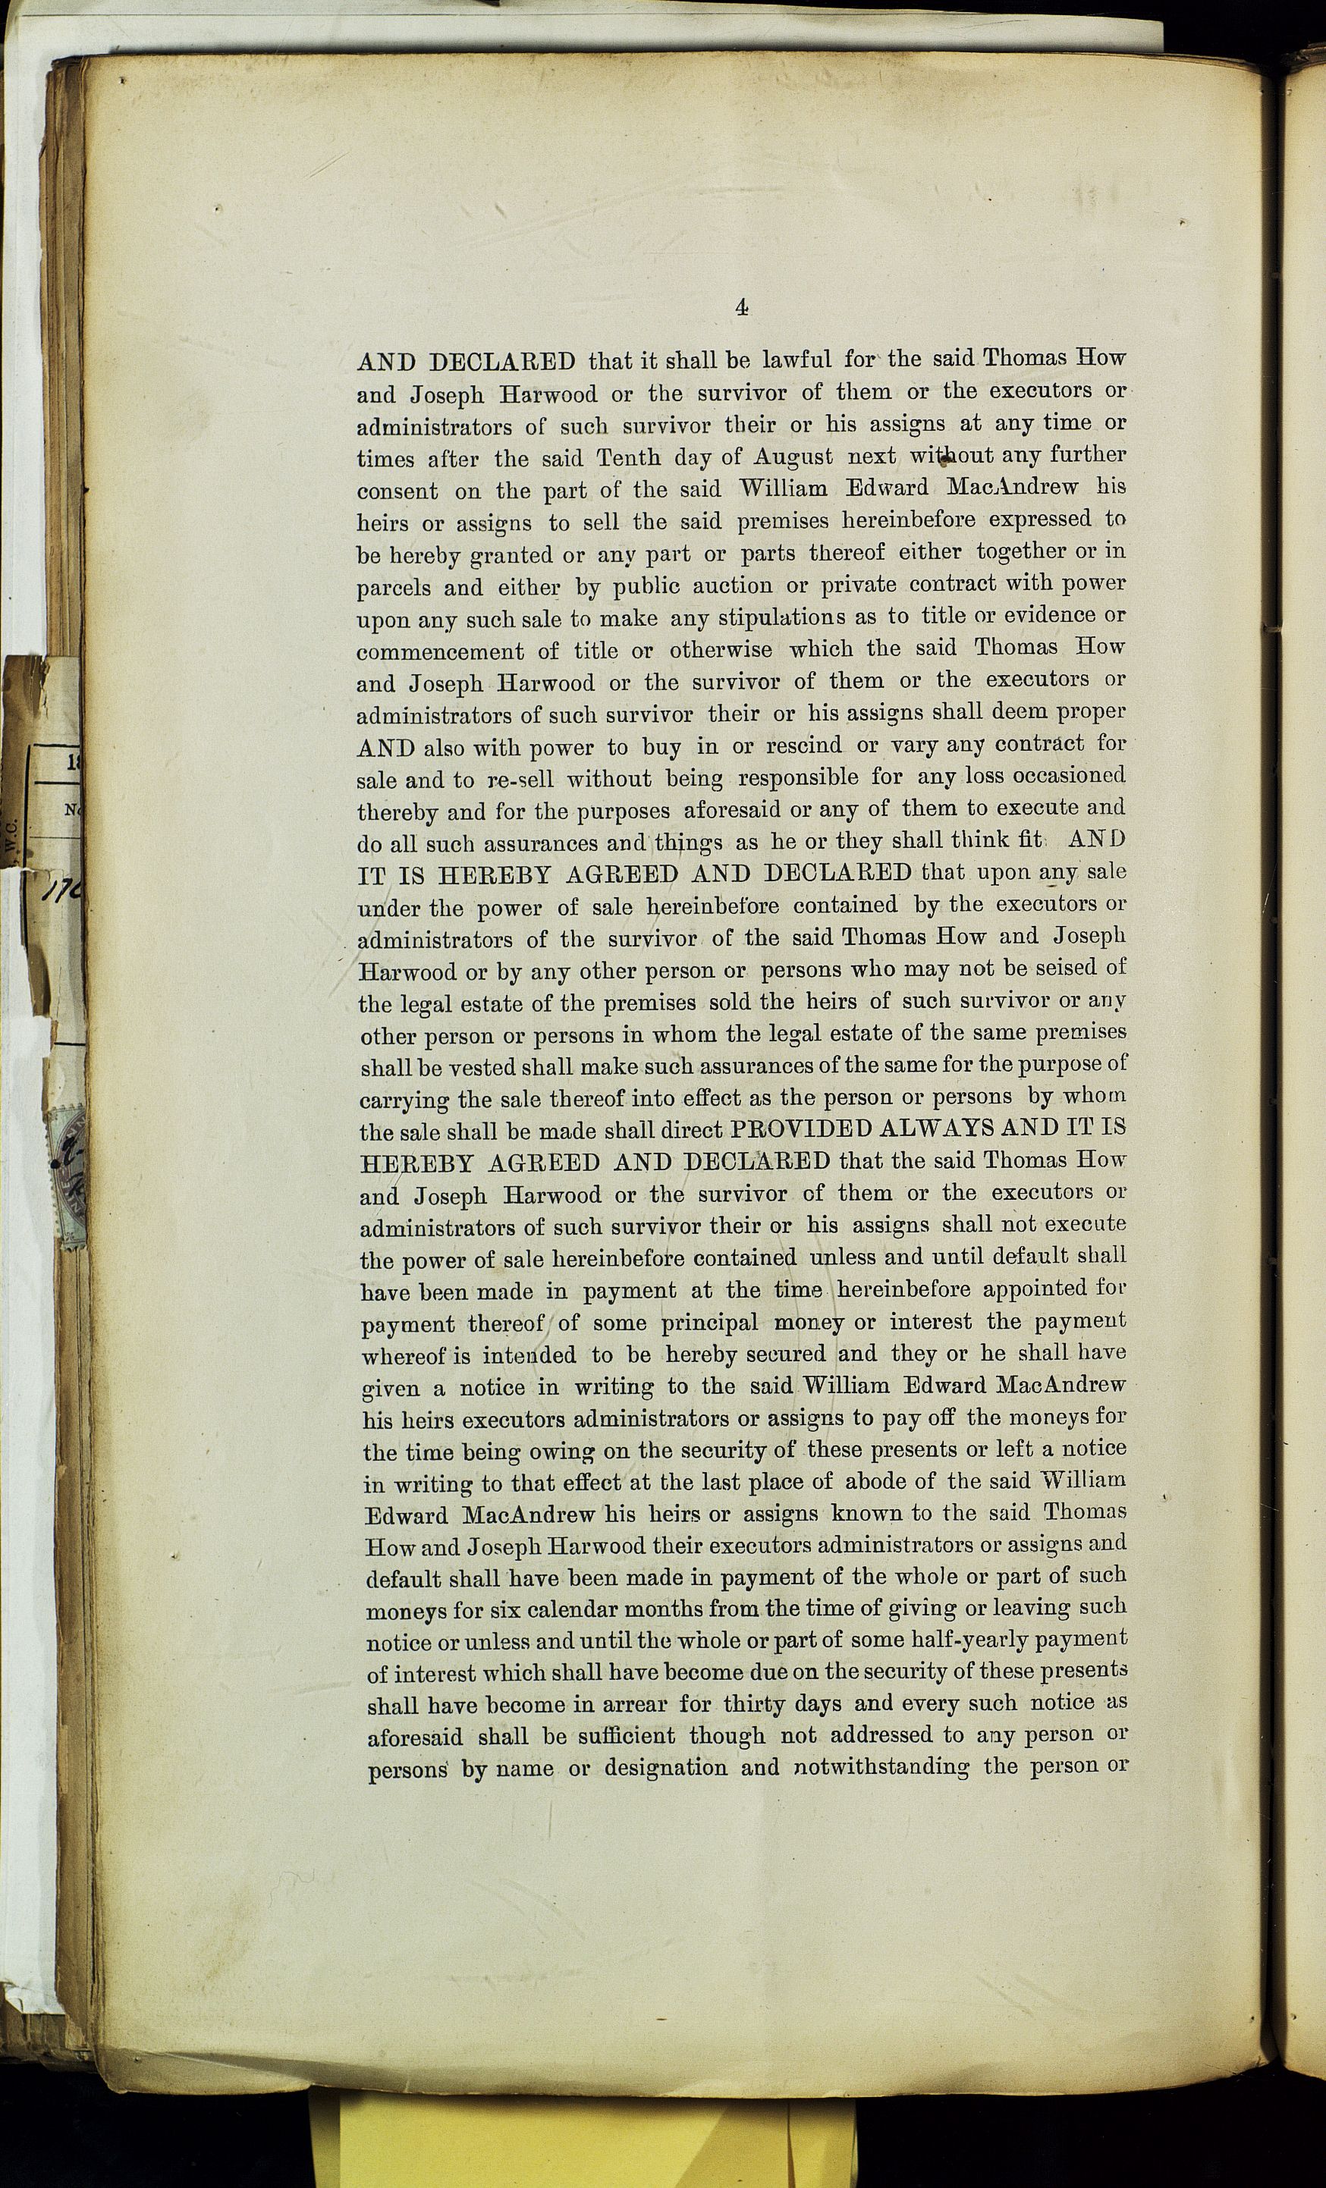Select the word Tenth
click(629, 458)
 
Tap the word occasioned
click(1070, 776)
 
